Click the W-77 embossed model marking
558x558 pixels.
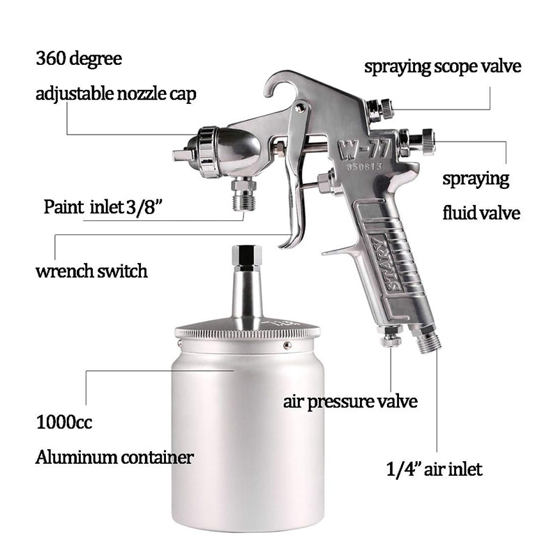pos(364,149)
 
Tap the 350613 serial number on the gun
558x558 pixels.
pos(365,166)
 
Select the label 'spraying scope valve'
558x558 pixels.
pos(443,67)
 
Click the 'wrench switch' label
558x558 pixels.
pos(91,271)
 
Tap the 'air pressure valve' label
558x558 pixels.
pos(350,402)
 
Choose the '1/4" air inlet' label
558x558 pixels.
pos(434,469)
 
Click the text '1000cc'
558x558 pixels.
pos(64,423)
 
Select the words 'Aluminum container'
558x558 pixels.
pos(114,458)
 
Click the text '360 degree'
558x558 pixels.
pos(79,59)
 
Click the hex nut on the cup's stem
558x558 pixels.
pos(246,256)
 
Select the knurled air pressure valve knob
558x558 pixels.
pos(391,340)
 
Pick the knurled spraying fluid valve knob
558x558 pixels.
pos(428,142)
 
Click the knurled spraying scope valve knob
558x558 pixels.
pos(386,109)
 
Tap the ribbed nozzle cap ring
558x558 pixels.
pos(207,152)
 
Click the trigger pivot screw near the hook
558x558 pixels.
pos(300,107)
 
